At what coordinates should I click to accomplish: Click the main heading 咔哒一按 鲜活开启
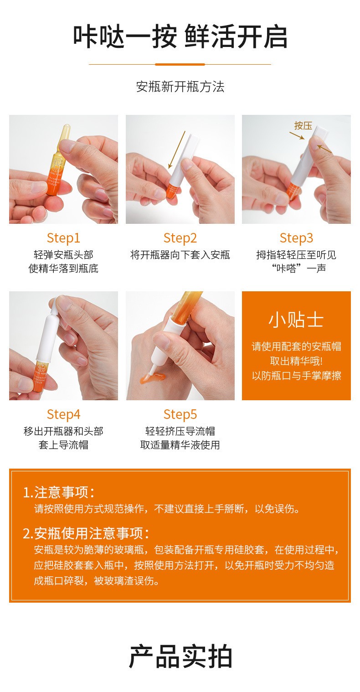180,37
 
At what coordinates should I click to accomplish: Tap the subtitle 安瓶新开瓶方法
180,87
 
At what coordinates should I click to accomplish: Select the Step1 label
63,238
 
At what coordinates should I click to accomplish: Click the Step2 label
180,238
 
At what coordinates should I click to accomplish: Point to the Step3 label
296,238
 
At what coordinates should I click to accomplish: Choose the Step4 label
63,414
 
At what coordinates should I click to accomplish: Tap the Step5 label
180,414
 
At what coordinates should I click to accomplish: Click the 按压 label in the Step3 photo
303,126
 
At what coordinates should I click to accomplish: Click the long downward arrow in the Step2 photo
177,150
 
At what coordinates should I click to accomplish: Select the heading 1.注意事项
59,492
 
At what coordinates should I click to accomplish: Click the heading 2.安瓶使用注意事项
86,533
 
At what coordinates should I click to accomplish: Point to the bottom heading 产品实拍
180,656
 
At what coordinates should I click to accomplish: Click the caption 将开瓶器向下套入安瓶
180,255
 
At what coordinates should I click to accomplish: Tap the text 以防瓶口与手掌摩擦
296,376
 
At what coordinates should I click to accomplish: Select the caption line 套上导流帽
63,445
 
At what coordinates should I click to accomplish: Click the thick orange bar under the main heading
180,65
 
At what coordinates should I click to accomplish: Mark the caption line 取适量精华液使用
180,445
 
